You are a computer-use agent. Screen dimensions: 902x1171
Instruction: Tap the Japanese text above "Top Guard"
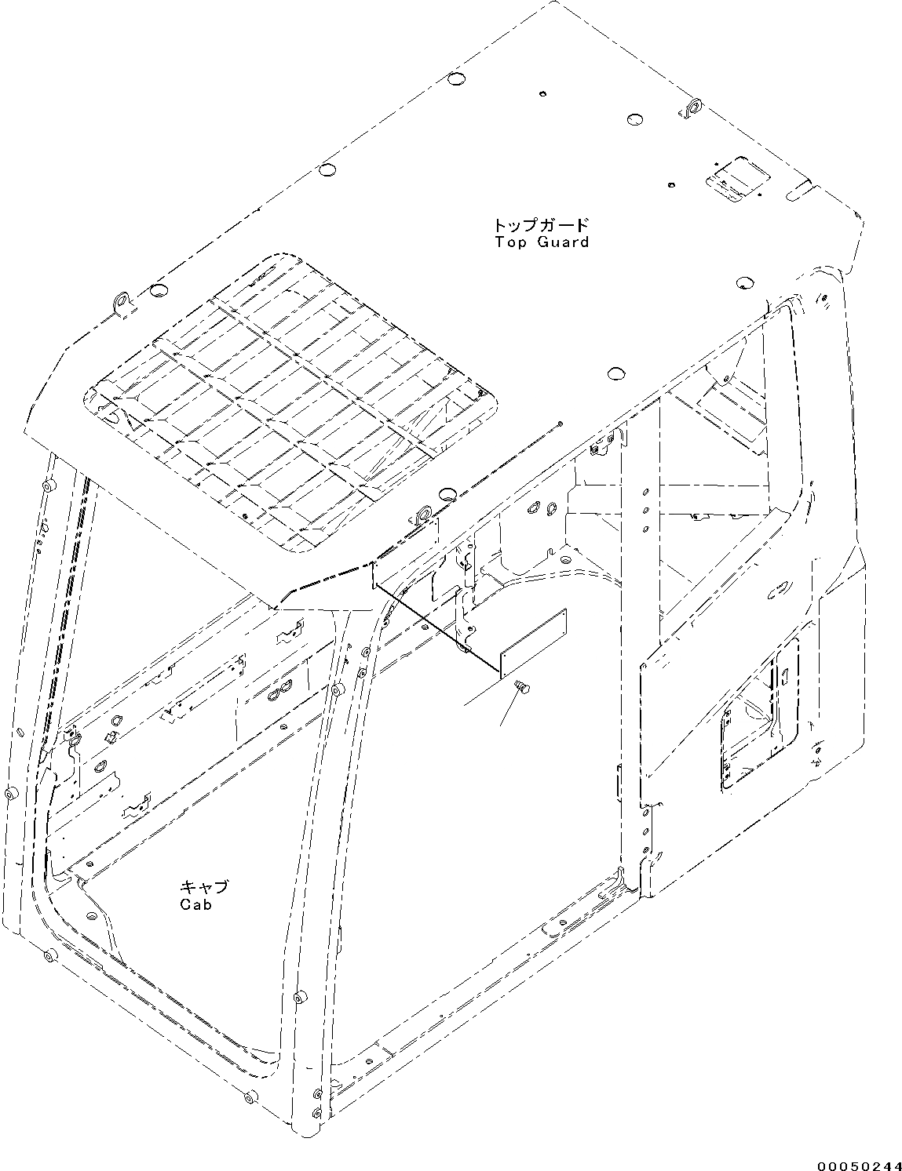(542, 225)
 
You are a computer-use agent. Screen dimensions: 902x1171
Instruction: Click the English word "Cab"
(195, 904)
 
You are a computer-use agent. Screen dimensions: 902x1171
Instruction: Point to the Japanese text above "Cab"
(204, 887)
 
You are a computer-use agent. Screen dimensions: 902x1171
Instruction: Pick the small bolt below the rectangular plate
(520, 687)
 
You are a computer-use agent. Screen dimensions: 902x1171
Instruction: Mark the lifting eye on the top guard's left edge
(122, 303)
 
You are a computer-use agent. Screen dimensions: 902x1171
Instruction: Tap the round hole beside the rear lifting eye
(635, 119)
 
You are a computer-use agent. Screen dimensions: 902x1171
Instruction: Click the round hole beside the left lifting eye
(156, 292)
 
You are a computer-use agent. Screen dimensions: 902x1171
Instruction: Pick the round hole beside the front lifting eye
(447, 494)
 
